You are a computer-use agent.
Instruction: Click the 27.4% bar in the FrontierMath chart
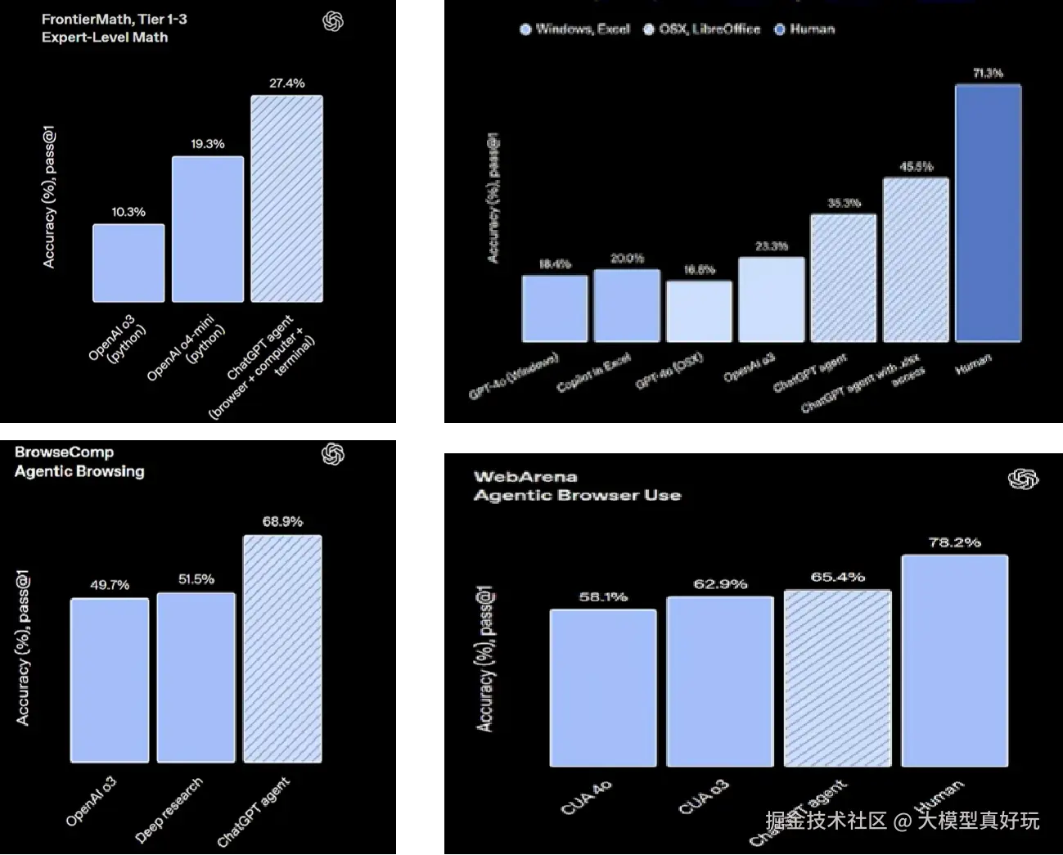[x=286, y=199]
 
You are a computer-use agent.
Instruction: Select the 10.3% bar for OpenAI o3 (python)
[x=128, y=263]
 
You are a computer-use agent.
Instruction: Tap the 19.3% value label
[x=208, y=144]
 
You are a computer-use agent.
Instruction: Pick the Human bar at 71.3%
[x=988, y=213]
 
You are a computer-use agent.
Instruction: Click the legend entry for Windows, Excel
[x=575, y=29]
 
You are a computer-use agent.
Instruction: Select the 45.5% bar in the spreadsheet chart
[x=916, y=259]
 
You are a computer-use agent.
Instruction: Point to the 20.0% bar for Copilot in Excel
[x=627, y=305]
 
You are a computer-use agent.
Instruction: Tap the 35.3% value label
[x=844, y=203]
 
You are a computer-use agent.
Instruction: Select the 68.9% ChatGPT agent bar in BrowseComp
[x=282, y=649]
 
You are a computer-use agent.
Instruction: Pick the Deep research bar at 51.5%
[x=196, y=677]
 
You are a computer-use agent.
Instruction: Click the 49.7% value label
[x=110, y=585]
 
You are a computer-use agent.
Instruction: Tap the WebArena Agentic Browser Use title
[x=577, y=486]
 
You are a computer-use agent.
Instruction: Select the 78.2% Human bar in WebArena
[x=954, y=661]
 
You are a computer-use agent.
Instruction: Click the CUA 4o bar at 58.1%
[x=603, y=688]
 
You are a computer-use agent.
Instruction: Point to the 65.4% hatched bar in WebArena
[x=837, y=678]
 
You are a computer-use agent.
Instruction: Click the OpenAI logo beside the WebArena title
[x=1023, y=479]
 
